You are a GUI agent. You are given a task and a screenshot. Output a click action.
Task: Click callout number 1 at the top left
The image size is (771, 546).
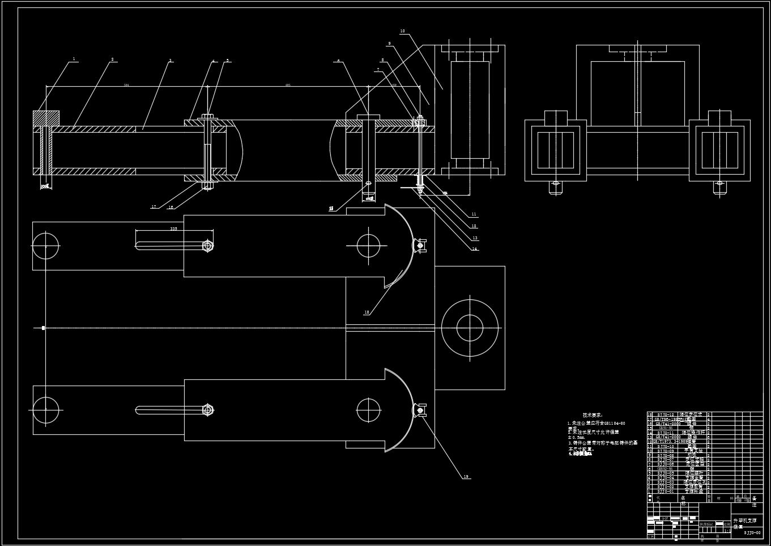click(x=74, y=59)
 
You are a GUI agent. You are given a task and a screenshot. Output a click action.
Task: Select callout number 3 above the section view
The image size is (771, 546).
click(x=170, y=60)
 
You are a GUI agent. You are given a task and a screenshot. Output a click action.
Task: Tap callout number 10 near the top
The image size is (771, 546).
click(x=402, y=31)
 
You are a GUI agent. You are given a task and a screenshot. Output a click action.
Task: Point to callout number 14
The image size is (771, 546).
click(x=475, y=249)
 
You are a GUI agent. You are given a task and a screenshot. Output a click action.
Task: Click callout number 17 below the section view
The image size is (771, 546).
click(x=154, y=207)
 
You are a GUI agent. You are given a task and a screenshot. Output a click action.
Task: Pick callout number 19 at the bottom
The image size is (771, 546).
click(x=466, y=477)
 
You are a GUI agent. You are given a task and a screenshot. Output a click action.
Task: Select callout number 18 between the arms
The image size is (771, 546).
click(x=367, y=312)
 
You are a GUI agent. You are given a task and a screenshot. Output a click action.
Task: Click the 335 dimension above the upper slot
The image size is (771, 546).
click(x=173, y=228)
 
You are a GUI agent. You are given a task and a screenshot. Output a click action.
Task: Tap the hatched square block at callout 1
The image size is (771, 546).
click(x=46, y=118)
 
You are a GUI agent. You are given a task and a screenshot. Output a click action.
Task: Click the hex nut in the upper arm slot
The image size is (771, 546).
click(x=207, y=246)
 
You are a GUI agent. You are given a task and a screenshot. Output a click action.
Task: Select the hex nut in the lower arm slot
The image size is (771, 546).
click(x=207, y=409)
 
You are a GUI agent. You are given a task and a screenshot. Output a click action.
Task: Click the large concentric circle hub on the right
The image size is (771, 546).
click(x=470, y=328)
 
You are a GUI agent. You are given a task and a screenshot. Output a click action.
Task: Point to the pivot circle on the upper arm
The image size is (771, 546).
click(x=368, y=246)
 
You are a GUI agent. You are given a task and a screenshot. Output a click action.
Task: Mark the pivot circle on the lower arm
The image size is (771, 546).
click(x=368, y=410)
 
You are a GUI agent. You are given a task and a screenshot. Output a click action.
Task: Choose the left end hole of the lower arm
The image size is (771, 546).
click(x=46, y=410)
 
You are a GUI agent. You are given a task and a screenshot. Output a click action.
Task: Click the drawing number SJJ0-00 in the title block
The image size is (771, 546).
click(x=752, y=533)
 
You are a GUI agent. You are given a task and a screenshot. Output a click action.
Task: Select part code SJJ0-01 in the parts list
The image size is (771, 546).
click(x=666, y=492)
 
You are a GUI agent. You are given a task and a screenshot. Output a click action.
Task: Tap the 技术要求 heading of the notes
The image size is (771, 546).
click(x=593, y=416)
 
